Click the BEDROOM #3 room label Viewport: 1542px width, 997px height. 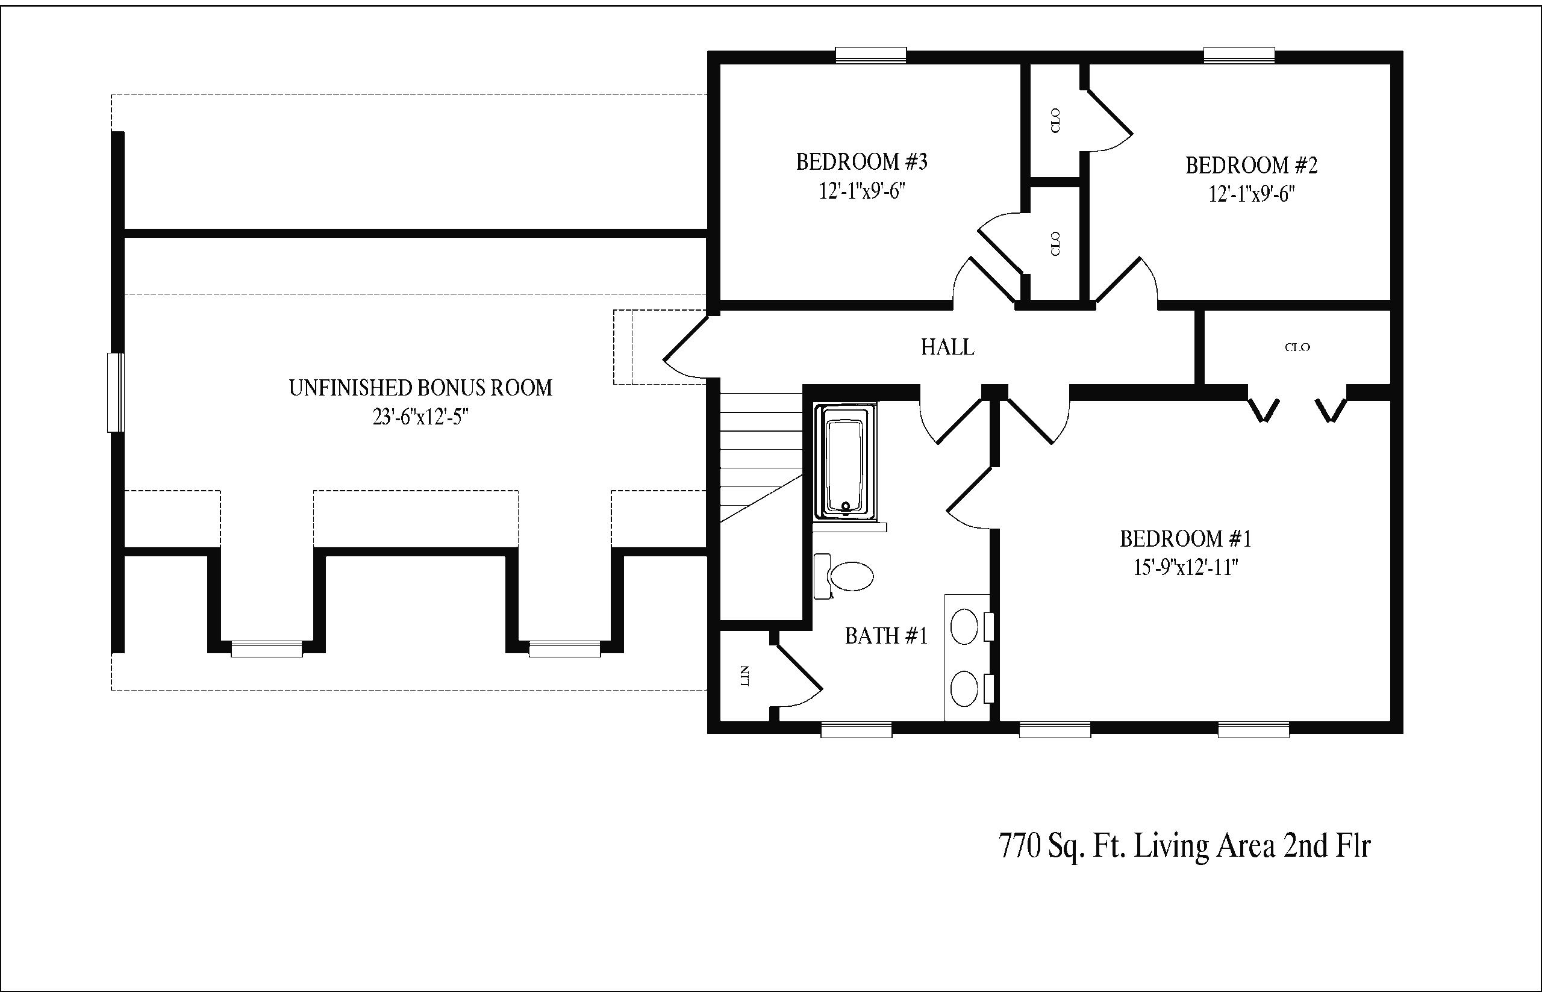(x=861, y=162)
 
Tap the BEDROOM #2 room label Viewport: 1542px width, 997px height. (x=1251, y=166)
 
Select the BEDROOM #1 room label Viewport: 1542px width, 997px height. (x=1186, y=539)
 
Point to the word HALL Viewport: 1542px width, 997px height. (x=947, y=347)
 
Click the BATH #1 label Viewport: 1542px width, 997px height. (x=886, y=636)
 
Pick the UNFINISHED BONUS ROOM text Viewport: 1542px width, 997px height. (x=420, y=388)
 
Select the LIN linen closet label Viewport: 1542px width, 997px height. (x=744, y=676)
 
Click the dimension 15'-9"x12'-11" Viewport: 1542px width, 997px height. (x=1186, y=568)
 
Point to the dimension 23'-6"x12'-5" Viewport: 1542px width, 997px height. (x=420, y=418)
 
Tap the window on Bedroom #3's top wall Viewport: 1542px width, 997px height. (x=870, y=55)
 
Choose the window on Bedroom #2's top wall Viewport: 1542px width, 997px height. (x=1239, y=55)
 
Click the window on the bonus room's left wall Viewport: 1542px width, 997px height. (x=116, y=393)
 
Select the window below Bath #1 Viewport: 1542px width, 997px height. (x=856, y=730)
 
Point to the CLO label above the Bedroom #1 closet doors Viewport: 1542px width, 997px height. (x=1297, y=347)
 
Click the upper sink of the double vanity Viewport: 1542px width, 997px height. (x=964, y=627)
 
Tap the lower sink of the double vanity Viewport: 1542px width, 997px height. (x=964, y=688)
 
